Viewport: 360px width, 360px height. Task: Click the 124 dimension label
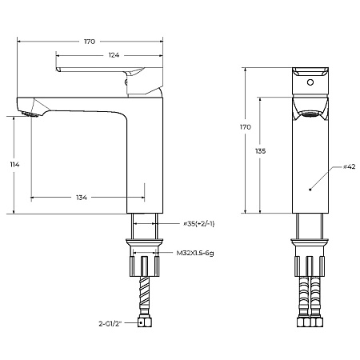pyautogui.click(x=114, y=55)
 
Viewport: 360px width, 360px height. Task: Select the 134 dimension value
pyautogui.click(x=82, y=198)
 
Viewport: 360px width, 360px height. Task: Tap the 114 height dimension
pyautogui.click(x=14, y=165)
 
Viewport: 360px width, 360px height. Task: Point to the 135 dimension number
pyautogui.click(x=260, y=151)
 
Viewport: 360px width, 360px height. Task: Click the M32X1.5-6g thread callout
pyautogui.click(x=195, y=253)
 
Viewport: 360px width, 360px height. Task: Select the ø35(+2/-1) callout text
pyautogui.click(x=199, y=224)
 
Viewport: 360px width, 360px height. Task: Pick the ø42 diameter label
pyautogui.click(x=350, y=166)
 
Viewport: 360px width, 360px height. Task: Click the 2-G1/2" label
pyautogui.click(x=110, y=324)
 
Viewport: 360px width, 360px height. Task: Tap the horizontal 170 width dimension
pyautogui.click(x=90, y=42)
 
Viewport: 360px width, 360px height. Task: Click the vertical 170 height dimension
pyautogui.click(x=246, y=127)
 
